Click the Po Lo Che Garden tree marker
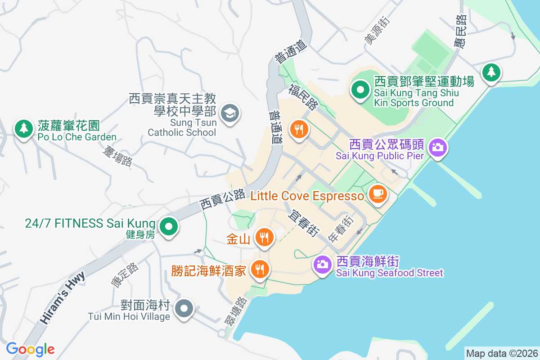(x=23, y=128)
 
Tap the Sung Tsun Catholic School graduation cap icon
(x=230, y=112)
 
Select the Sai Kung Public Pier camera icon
(x=437, y=147)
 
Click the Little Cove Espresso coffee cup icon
(x=378, y=194)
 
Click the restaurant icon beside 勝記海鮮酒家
(x=259, y=269)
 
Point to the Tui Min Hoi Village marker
(x=184, y=309)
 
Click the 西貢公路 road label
(x=223, y=199)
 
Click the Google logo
(x=31, y=349)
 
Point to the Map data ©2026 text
(x=501, y=353)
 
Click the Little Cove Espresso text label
(x=307, y=196)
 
